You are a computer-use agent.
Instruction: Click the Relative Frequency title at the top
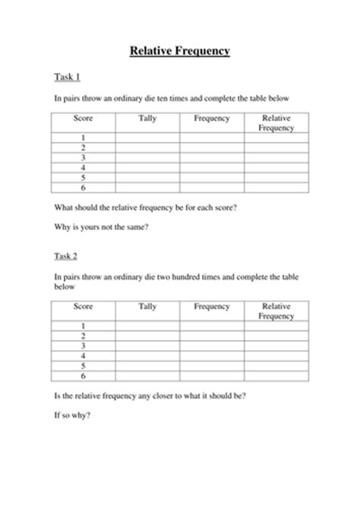[x=180, y=52]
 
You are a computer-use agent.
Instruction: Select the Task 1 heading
[x=68, y=77]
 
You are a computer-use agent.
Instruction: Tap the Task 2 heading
[x=68, y=257]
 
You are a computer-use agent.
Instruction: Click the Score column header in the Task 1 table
[x=84, y=119]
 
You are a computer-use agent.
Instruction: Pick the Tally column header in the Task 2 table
[x=148, y=306]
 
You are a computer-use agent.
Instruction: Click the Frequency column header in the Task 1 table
[x=212, y=119]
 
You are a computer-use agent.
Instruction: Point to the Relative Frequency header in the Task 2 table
[x=276, y=311]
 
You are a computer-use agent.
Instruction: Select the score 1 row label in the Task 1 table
[x=84, y=137]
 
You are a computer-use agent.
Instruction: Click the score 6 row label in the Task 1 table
[x=84, y=186]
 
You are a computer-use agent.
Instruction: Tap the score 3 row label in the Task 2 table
[x=84, y=342]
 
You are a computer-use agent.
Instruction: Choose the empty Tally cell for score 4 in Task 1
[x=148, y=166]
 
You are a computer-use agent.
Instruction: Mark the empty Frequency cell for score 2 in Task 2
[x=212, y=333]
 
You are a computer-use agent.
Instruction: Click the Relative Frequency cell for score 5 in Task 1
[x=276, y=176]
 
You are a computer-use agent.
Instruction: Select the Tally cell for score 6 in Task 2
[x=148, y=373]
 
